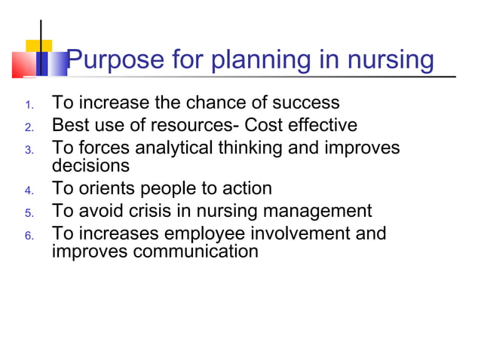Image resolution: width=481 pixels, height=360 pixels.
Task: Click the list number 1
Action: (29, 104)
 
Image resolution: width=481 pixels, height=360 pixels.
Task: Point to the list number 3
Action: (29, 151)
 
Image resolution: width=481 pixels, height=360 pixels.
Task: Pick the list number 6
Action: (29, 236)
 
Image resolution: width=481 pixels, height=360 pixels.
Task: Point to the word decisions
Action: (90, 165)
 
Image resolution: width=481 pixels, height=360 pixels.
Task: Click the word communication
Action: (195, 251)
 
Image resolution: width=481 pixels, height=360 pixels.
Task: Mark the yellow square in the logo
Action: (38, 45)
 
